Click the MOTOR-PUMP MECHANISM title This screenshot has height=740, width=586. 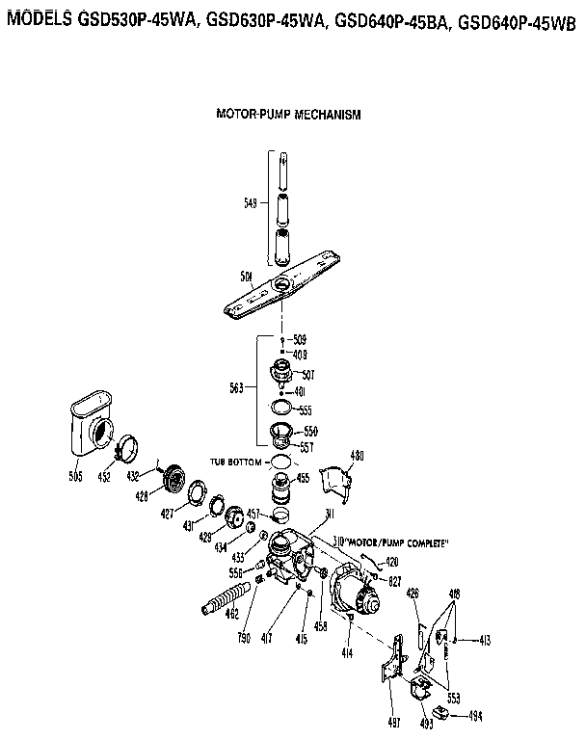(288, 114)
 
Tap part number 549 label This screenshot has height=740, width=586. (251, 203)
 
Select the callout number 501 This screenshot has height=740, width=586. (247, 277)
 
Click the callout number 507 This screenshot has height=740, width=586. (308, 374)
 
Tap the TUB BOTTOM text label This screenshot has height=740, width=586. (237, 462)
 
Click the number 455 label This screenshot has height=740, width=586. (303, 478)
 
